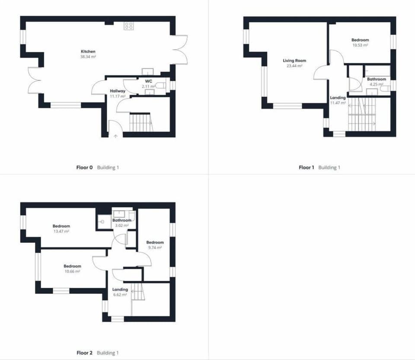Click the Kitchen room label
[88, 51]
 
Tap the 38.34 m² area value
[88, 57]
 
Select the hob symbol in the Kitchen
[129, 26]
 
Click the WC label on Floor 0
[149, 81]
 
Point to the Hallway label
[117, 91]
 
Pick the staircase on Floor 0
[141, 122]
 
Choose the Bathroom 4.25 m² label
[376, 80]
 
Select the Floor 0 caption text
[85, 167]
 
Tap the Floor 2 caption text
[85, 353]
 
